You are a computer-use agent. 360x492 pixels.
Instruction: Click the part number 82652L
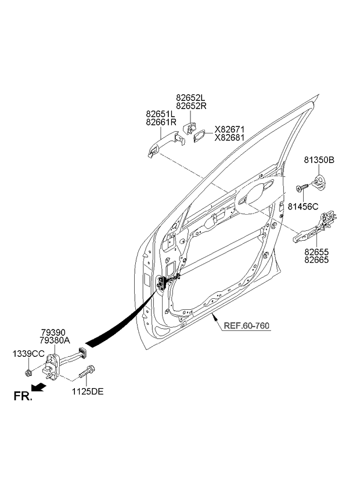coord(191,98)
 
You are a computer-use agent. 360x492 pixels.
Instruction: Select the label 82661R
coord(161,122)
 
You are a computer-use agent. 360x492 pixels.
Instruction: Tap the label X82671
coord(229,129)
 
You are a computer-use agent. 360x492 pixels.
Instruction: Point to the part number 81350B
coord(319,160)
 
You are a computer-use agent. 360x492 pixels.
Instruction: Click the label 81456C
coord(303,207)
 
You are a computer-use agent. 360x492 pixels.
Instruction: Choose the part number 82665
coord(316,260)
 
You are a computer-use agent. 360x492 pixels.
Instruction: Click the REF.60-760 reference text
coord(247,325)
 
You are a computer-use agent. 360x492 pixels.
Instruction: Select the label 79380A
coord(55,340)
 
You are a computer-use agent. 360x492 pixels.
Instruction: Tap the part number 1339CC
coord(28,354)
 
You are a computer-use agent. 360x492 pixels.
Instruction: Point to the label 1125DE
coord(88,392)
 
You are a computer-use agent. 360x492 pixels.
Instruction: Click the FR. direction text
coord(23,396)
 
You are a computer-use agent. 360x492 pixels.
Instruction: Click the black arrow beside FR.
coord(39,388)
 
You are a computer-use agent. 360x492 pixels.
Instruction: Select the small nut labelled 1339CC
coord(28,372)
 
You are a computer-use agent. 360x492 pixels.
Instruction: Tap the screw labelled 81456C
coord(302,188)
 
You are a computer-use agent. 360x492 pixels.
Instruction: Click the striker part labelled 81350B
coord(319,183)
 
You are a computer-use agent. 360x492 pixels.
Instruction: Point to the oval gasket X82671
coord(200,136)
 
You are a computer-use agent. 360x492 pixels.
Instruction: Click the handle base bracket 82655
coord(315,227)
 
